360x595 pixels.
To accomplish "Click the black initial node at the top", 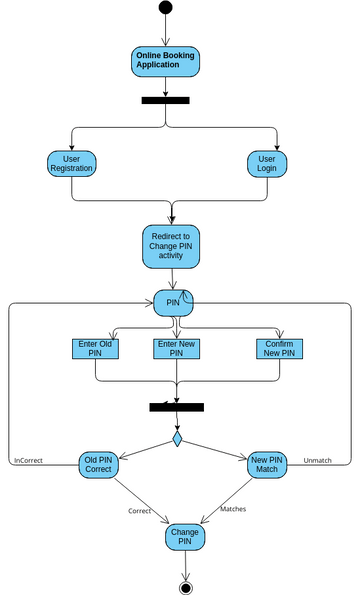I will [x=165, y=8].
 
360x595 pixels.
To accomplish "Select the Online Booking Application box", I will [x=165, y=60].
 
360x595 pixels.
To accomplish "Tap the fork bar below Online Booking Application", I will [x=165, y=100].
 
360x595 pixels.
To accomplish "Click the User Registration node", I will [x=72, y=164].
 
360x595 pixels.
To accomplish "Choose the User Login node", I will [x=267, y=164].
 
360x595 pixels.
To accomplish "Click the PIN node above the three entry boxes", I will [x=173, y=301].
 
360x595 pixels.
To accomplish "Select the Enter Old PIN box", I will [x=95, y=349].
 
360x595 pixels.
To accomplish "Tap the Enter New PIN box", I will [x=176, y=349].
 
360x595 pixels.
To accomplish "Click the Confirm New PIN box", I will [x=279, y=349].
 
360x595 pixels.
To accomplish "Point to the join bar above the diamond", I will [x=176, y=407].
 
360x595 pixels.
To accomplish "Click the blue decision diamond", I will [x=177, y=439].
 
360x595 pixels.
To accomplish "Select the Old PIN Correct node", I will [x=99, y=464].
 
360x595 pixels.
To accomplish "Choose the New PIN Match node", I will [x=267, y=464].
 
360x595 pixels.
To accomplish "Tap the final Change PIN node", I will [x=184, y=537].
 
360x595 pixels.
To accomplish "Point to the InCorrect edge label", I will [x=28, y=461].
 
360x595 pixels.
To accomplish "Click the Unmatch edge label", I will [x=317, y=461].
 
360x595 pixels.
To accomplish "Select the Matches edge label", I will [x=232, y=509].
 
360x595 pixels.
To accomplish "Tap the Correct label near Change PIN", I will [x=139, y=511].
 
